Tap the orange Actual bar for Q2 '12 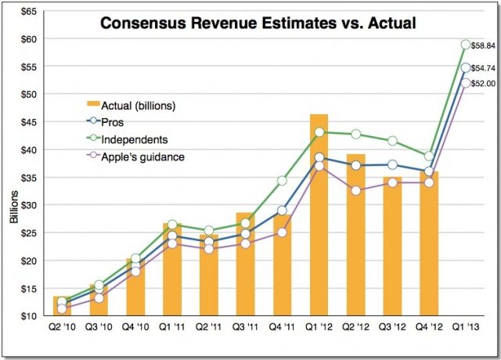(355, 235)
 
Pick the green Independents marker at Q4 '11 (282, 181)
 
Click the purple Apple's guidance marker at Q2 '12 (355, 190)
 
